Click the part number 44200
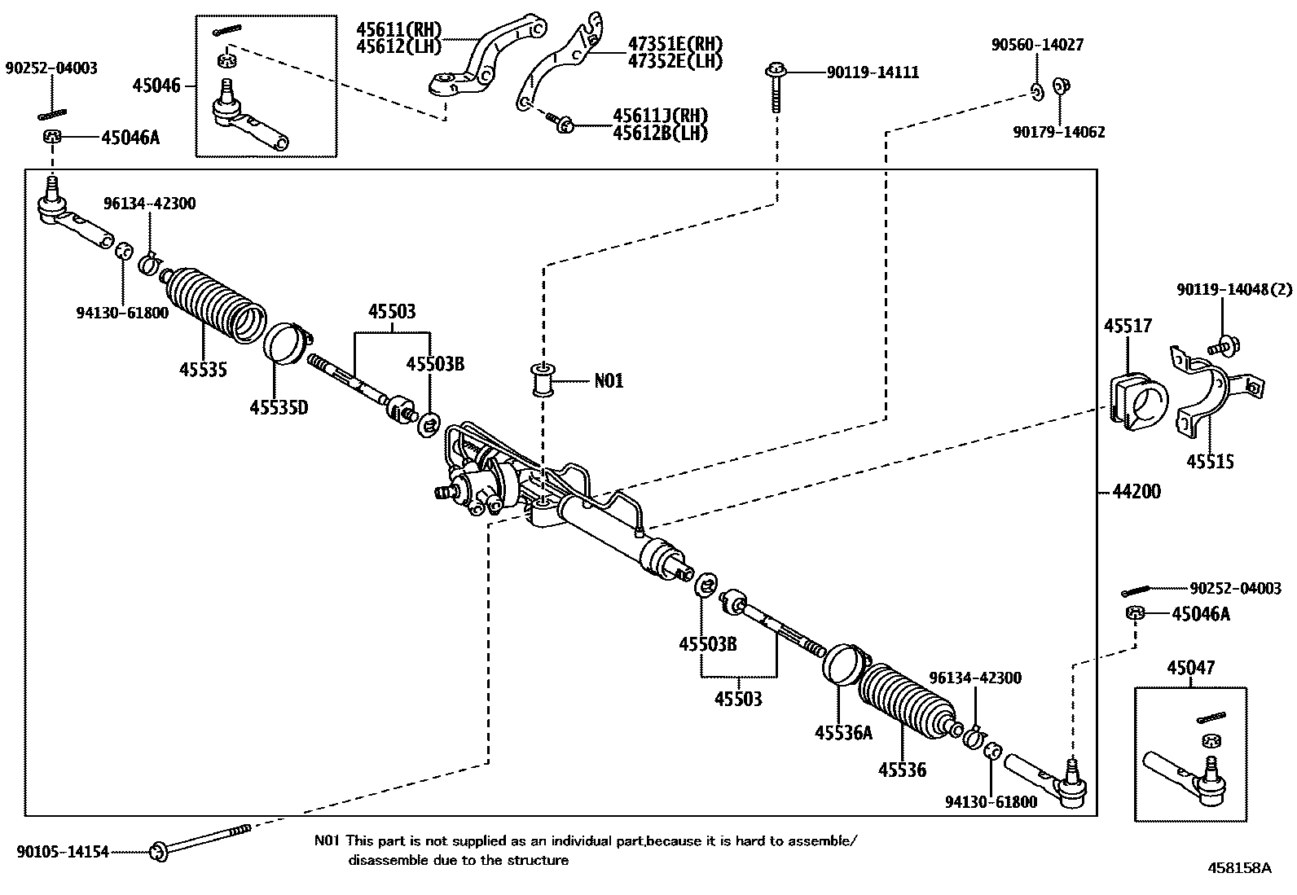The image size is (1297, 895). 1137,491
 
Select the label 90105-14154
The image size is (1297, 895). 62,853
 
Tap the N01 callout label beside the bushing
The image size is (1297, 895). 608,380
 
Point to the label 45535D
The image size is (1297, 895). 279,407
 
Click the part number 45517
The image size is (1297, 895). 1128,326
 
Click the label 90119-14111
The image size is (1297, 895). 873,72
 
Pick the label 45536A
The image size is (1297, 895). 843,733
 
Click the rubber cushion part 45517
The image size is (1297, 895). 1138,400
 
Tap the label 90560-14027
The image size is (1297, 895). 1037,45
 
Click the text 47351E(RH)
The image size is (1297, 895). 675,44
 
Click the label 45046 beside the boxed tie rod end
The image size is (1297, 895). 157,84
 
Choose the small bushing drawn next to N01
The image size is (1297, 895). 543,380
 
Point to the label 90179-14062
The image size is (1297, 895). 1059,131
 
